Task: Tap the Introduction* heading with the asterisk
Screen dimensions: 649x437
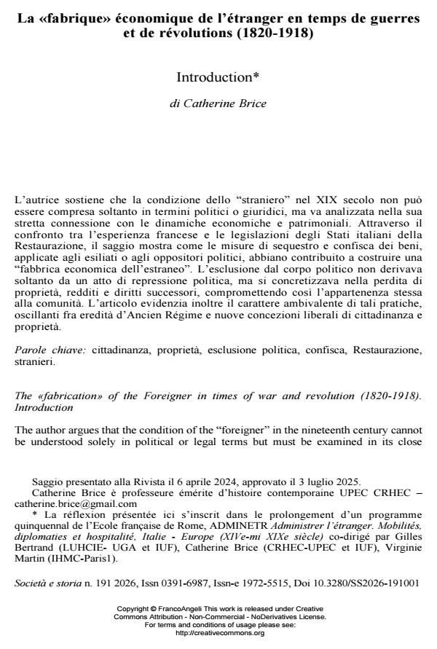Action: click(218, 76)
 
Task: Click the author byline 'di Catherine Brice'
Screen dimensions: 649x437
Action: click(218, 103)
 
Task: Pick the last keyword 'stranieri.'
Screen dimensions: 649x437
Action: click(34, 361)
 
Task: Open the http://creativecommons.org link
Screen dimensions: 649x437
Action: click(218, 634)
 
